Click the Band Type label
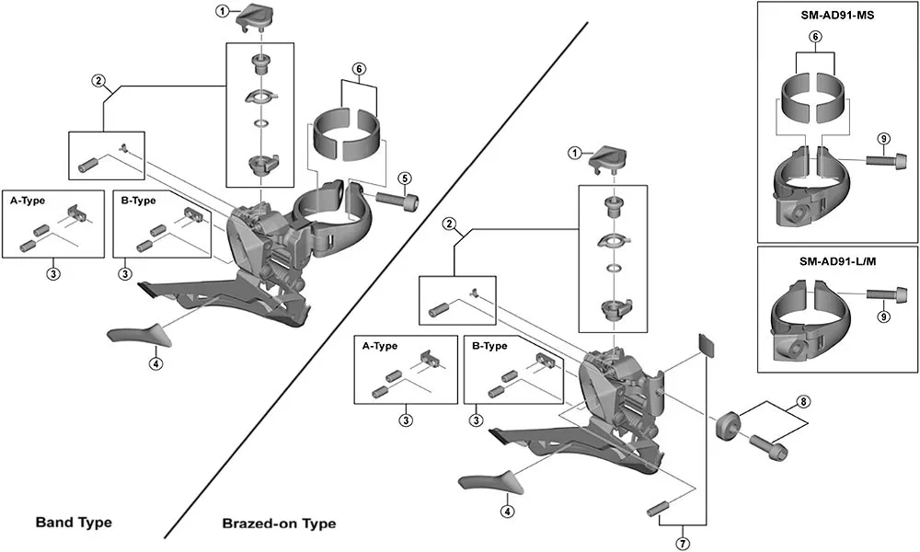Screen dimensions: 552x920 [x=74, y=523]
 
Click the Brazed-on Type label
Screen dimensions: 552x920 [x=279, y=523]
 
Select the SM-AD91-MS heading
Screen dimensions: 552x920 [x=837, y=16]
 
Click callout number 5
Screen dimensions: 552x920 [x=403, y=178]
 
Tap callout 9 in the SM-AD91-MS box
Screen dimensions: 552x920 [x=882, y=139]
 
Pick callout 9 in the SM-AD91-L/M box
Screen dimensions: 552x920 [x=882, y=316]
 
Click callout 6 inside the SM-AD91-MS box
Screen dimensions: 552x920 [x=814, y=36]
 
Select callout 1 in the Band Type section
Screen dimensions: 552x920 [x=222, y=11]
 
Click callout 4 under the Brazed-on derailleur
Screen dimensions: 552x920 [x=506, y=512]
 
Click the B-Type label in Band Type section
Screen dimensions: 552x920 [x=137, y=200]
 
